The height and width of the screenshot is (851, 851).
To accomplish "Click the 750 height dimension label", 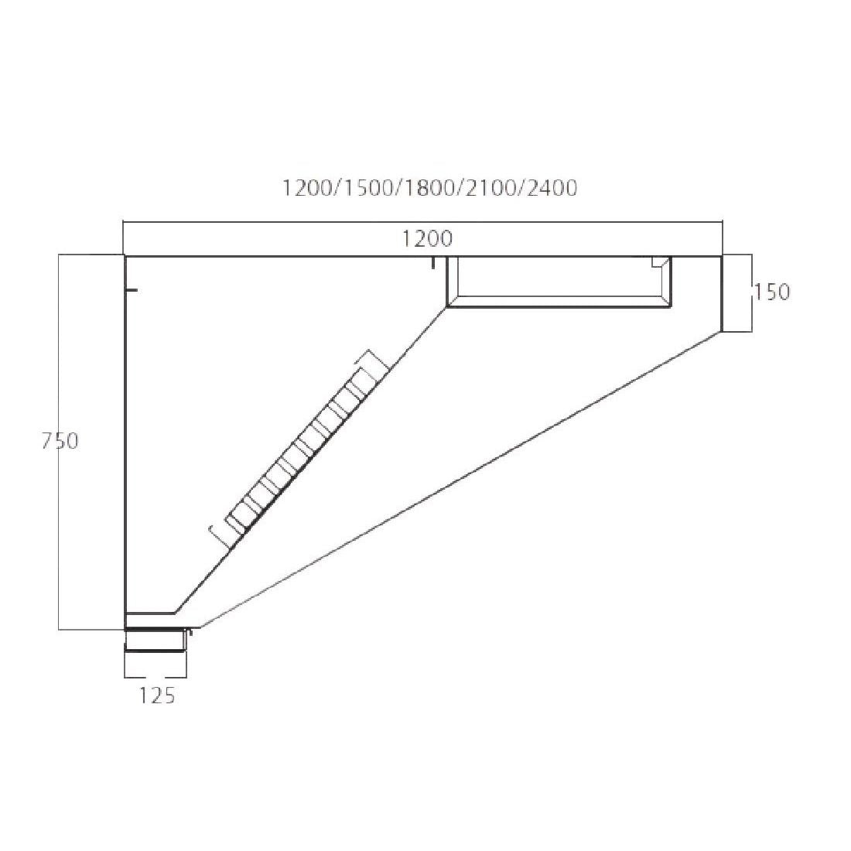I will coord(61,441).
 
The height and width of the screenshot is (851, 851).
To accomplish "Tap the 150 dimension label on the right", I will coord(772,292).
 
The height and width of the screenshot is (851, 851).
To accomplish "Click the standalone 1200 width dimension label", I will coord(427,239).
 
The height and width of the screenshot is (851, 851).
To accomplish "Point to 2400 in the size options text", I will coord(551,188).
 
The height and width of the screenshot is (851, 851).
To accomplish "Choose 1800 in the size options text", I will coord(430,188).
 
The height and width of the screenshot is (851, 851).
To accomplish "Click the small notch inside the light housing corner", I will coord(659,261).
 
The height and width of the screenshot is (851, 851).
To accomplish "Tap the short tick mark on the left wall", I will coord(132,291).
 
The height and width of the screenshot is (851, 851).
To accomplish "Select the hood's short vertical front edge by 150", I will coord(722,294).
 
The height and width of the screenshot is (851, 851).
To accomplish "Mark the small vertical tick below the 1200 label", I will coord(434,264).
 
